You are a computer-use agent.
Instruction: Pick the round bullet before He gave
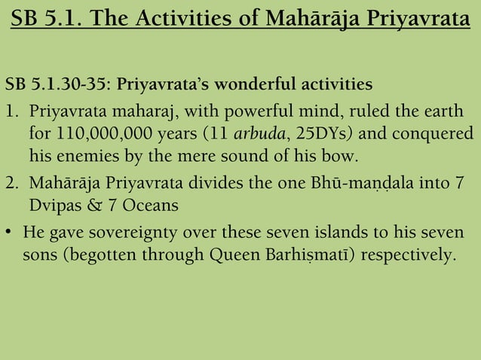[x=9, y=230]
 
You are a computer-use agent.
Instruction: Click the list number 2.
[x=10, y=183]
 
